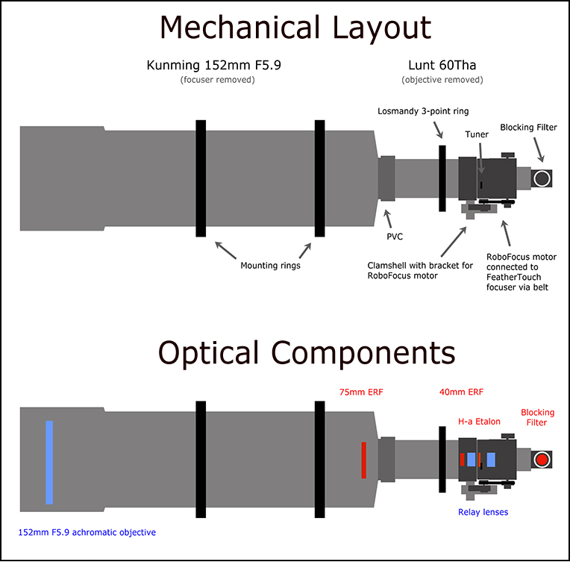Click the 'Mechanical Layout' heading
295,28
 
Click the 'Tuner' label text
477,134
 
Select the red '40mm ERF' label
461,392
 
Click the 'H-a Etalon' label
479,422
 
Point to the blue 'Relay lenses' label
483,512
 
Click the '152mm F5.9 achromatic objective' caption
87,533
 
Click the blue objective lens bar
49,462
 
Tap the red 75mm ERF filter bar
364,460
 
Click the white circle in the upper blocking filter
542,178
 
